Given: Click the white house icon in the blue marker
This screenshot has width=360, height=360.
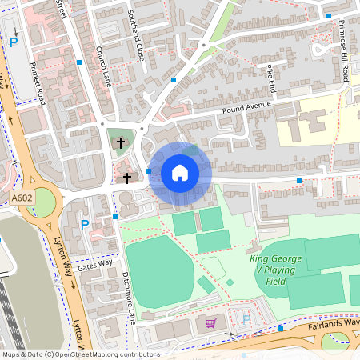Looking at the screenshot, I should click(180, 172).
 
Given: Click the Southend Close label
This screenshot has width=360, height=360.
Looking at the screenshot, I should click(136, 38).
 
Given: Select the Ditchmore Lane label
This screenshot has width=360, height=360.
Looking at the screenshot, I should click(128, 297).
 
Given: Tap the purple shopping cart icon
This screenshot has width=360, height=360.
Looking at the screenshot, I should click(211, 322).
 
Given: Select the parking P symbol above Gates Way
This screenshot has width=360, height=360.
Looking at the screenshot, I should click(85, 225).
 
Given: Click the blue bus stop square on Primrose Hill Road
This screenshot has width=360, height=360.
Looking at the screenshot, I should click(329, 15).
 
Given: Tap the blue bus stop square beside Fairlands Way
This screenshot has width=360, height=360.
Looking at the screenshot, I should click(281, 328).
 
